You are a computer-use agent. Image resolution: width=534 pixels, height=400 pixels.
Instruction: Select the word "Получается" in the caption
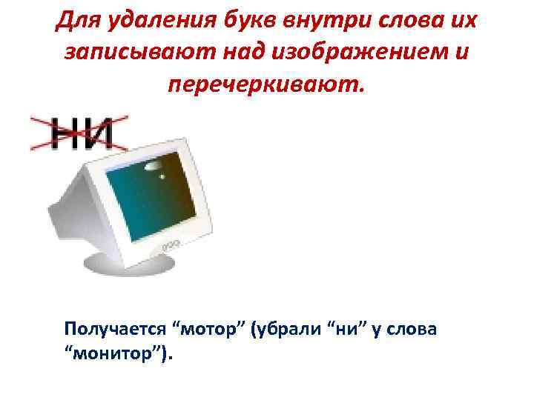[111, 327]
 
